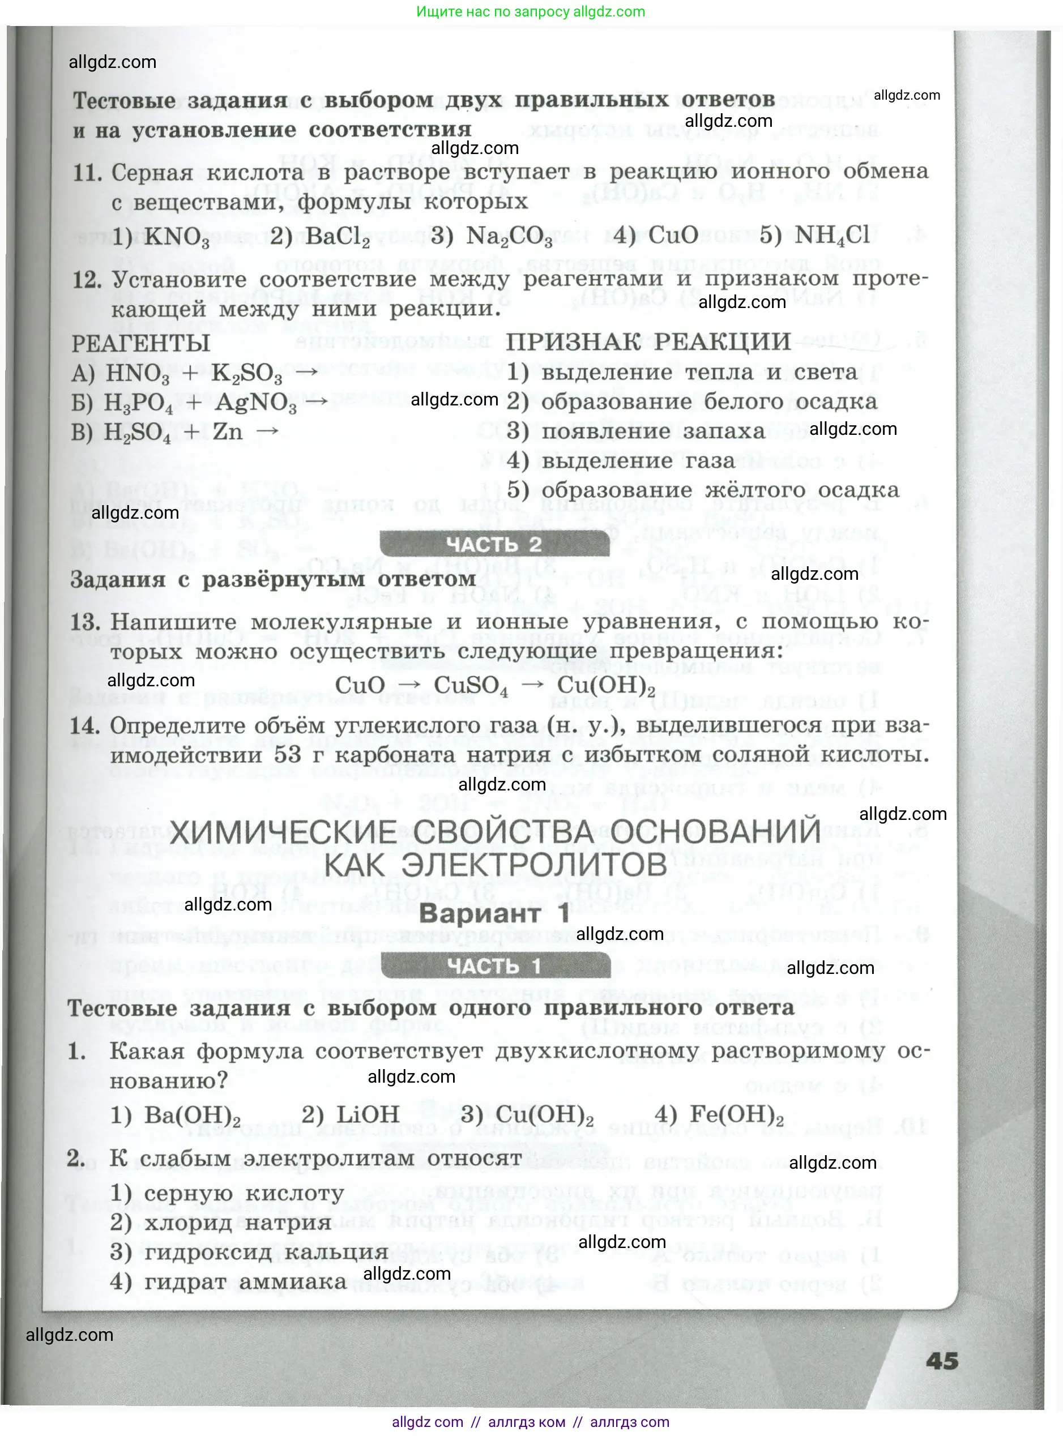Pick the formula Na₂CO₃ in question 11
509,237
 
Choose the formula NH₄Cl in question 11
832,236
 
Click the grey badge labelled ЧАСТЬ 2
494,544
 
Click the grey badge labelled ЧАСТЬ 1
495,965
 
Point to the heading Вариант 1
494,913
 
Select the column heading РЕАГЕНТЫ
140,343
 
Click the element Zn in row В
228,431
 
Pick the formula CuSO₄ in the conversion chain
471,686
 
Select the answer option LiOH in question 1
368,1114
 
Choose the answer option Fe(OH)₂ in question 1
736,1114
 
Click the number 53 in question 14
288,754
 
